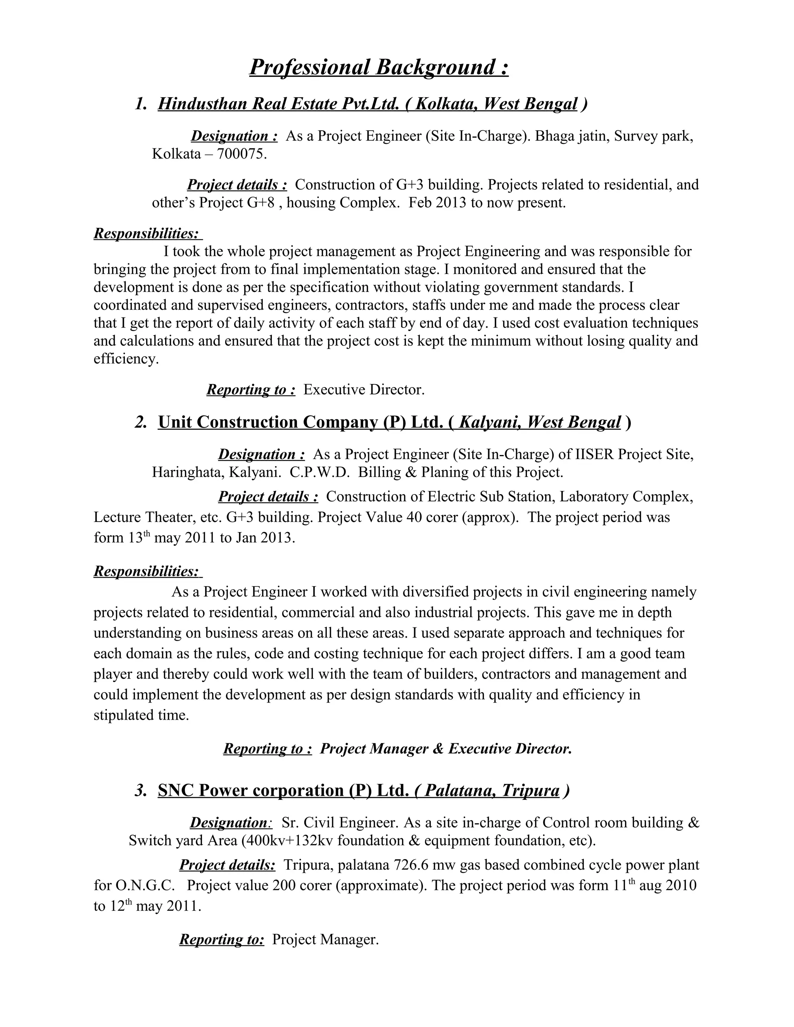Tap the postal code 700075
tap(241, 154)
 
